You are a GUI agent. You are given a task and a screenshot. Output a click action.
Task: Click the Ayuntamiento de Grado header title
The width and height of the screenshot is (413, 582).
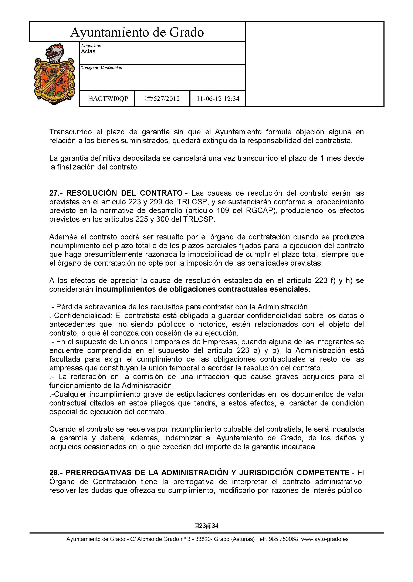click(137, 33)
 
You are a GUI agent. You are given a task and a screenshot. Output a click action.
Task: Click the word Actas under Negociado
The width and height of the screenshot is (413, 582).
click(88, 51)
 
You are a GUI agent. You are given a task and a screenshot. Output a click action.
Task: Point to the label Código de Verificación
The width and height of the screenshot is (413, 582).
click(101, 68)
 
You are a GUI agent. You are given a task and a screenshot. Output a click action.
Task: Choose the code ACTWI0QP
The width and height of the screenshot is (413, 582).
click(109, 99)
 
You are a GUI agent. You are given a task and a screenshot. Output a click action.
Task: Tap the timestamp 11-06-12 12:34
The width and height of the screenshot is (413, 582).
click(218, 99)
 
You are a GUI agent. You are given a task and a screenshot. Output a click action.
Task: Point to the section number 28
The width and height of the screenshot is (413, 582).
click(54, 473)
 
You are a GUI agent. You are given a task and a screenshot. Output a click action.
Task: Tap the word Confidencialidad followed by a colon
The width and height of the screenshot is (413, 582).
click(82, 316)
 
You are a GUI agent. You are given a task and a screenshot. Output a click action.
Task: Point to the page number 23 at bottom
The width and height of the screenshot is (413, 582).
click(202, 526)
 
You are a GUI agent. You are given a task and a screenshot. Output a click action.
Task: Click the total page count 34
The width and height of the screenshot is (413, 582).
click(215, 526)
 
